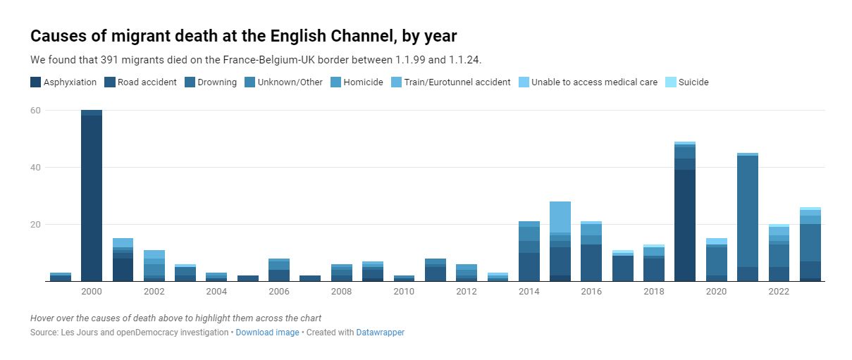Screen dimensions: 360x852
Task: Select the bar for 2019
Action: click(685, 211)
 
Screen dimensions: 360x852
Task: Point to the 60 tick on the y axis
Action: click(36, 111)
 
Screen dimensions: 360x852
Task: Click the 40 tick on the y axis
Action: click(36, 168)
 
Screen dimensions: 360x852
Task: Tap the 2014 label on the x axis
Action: click(529, 292)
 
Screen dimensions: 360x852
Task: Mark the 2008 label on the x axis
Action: click(342, 292)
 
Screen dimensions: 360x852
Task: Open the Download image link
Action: click(267, 333)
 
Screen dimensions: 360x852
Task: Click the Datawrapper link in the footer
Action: click(380, 333)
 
